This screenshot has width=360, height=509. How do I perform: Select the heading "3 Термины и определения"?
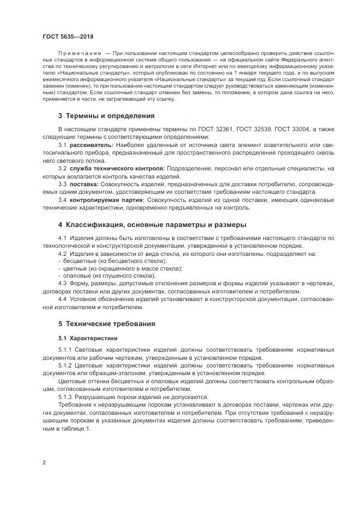pos(106,115)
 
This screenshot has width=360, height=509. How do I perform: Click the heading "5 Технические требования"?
pos(107,323)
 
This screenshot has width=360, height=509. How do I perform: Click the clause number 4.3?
pos(62,284)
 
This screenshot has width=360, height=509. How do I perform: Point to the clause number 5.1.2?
pos(65,366)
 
